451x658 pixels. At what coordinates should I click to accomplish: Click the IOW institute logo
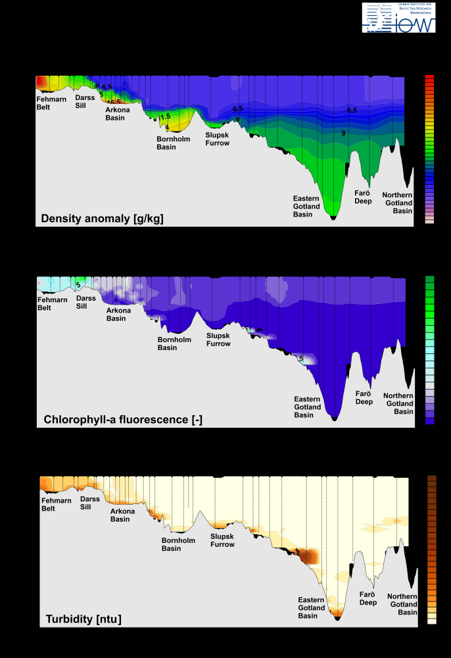pos(398,18)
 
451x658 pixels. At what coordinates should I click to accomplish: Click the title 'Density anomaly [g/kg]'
pos(102,218)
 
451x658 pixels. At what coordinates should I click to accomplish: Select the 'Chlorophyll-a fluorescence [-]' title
pos(123,418)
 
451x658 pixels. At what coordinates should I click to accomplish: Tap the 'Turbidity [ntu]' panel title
pos(83,619)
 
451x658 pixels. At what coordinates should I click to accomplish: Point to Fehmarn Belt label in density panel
pos(51,101)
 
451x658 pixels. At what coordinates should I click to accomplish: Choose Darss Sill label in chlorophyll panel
pos(86,302)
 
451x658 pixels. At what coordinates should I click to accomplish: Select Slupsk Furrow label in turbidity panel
pos(222,540)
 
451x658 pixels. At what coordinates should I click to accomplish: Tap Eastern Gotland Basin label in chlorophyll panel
pos(308,407)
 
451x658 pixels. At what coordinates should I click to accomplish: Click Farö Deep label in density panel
pos(364,197)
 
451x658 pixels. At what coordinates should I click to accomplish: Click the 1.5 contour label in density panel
pos(166,116)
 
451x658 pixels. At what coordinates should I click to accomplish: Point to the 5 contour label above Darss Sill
pos(78,285)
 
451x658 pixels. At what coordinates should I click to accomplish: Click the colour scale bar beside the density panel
pos(429,149)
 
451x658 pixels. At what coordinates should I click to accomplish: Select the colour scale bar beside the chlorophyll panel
pos(429,349)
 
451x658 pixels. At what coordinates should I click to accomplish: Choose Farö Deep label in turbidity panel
pos(368,597)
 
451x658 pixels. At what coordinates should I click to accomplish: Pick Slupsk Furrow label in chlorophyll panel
pos(219,340)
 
